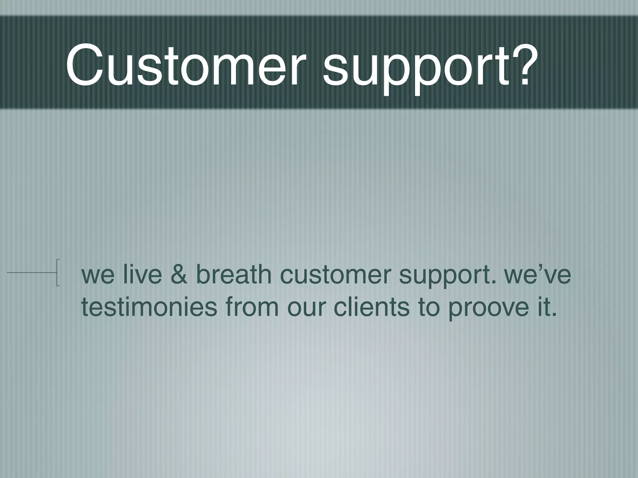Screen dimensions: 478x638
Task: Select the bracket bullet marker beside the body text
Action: coord(58,272)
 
